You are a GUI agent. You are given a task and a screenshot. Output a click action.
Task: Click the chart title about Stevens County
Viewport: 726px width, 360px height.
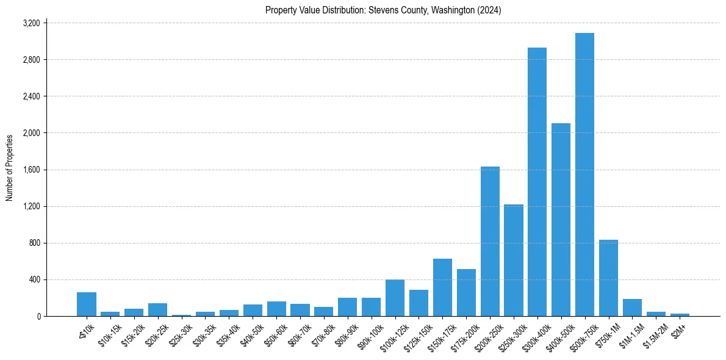[x=383, y=10]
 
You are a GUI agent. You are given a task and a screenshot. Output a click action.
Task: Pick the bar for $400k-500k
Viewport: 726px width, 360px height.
[x=561, y=220]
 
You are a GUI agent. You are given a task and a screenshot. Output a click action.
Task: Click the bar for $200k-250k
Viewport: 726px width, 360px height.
[x=490, y=242]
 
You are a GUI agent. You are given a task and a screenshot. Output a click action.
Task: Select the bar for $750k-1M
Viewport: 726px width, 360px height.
[x=608, y=278]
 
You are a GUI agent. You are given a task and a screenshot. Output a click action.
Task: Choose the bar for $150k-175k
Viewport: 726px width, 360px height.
[x=442, y=287]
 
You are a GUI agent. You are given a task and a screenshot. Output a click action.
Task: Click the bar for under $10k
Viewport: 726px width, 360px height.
[x=87, y=304]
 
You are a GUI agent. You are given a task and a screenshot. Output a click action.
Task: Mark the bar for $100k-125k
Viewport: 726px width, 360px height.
[x=395, y=298]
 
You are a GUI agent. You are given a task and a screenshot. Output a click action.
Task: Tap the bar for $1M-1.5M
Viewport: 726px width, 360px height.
[x=632, y=308]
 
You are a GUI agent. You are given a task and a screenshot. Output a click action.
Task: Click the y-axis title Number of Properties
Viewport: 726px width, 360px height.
[x=10, y=168]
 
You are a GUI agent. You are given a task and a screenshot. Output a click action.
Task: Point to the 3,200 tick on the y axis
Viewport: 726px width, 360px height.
[x=31, y=23]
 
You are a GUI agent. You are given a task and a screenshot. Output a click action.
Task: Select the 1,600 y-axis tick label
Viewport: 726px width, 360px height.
[x=31, y=170]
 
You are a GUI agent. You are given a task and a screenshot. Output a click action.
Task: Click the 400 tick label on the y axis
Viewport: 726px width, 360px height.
[x=34, y=279]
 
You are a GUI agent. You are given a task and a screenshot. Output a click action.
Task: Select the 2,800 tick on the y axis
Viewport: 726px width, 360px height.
[x=31, y=60]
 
